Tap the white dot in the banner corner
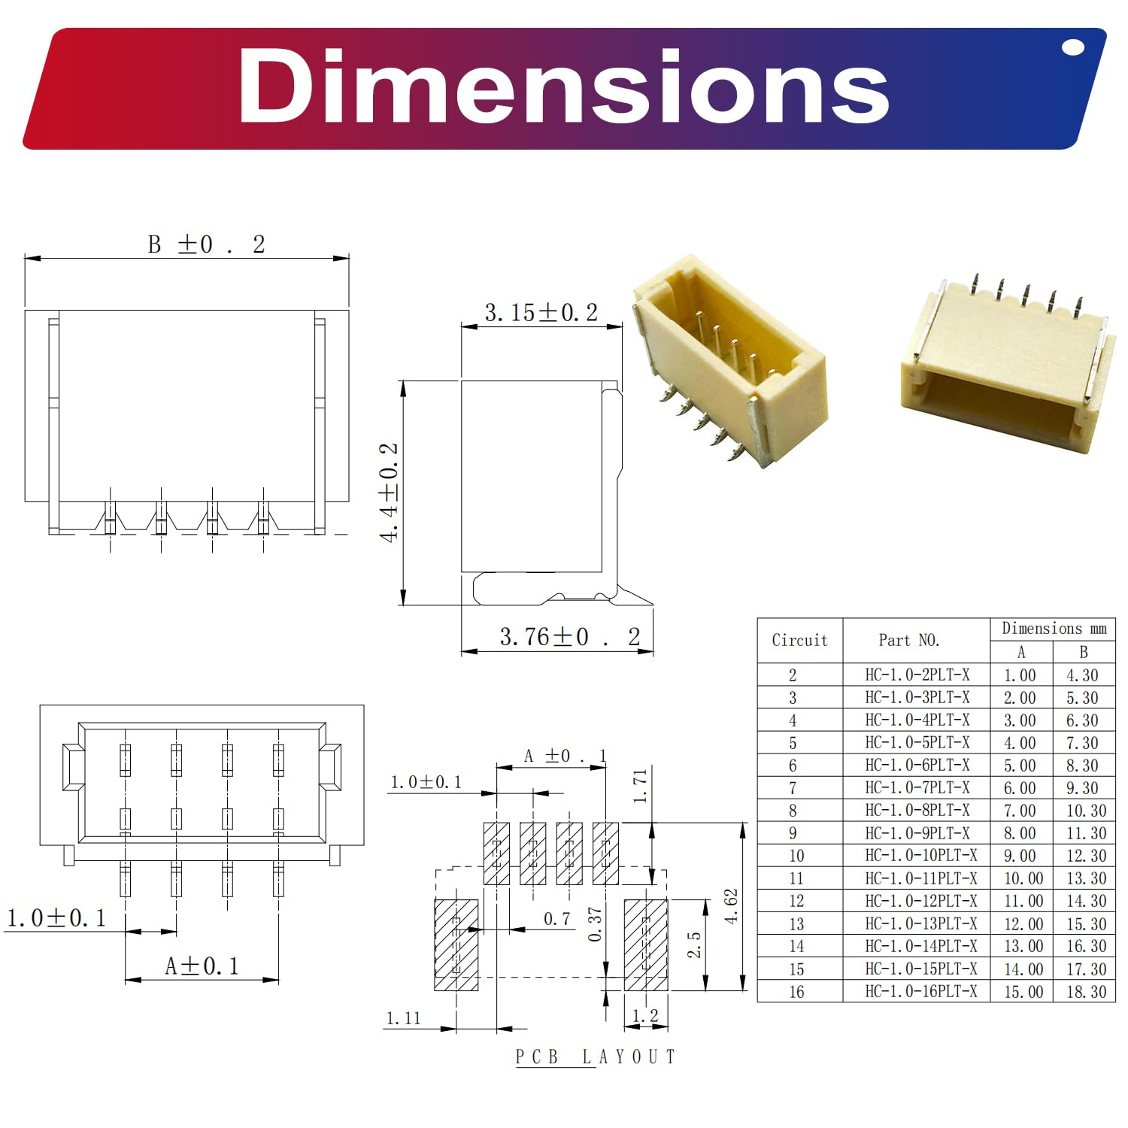pos(1073,48)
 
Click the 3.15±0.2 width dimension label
pos(541,313)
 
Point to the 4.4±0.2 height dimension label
pos(389,493)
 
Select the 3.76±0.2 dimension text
pos(569,637)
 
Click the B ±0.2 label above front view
pos(206,244)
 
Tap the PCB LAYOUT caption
pos(595,1057)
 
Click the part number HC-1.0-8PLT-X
pos(917,810)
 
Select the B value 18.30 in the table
pos(1086,991)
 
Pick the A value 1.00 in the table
pos(1020,675)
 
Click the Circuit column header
pos(799,640)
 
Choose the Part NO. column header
pos(908,640)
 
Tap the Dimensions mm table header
pos(1054,628)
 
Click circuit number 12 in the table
pos(796,901)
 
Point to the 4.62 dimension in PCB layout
pos(731,906)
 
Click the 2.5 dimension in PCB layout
pos(694,945)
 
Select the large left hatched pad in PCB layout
pos(456,945)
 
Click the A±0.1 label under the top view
pos(202,966)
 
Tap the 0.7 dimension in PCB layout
pos(556,919)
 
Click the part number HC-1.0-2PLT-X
pos(917,675)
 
